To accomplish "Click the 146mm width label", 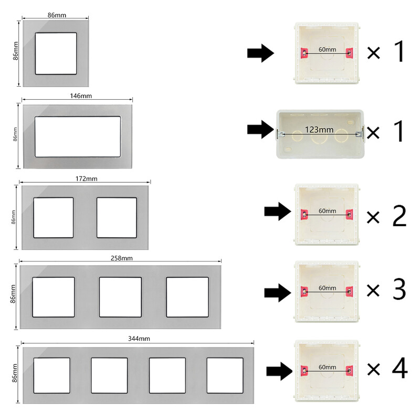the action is point(81,96).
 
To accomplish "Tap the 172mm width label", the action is point(86,178).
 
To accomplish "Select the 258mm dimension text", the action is point(122,258).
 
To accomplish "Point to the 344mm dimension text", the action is point(139,339).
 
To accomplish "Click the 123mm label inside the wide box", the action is point(319,130).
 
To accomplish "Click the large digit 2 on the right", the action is point(399,216).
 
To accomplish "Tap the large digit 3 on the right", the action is point(399,289).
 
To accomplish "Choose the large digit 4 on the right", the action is point(400,368).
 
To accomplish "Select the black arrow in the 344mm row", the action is point(279,371).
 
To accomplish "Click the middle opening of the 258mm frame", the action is point(120,297).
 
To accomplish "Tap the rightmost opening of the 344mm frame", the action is point(225,375).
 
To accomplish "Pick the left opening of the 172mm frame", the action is point(54,218).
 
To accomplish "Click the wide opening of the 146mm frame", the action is point(78,136).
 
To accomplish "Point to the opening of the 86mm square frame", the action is point(56,54).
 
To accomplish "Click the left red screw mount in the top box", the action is point(304,53).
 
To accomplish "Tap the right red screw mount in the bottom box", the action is point(349,371).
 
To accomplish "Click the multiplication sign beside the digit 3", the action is point(373,290).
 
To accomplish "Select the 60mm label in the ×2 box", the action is point(327,211).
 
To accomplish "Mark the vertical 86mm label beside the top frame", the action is point(16,51).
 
